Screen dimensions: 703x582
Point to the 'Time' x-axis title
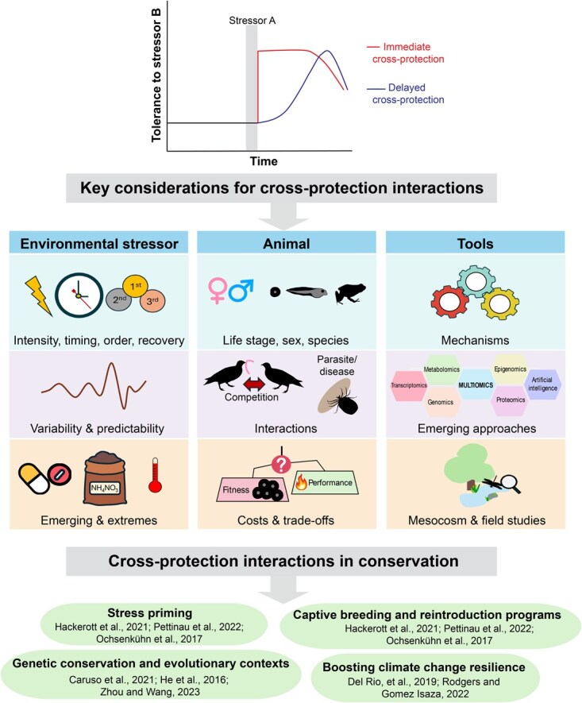(x=264, y=161)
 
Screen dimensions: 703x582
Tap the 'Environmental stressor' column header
(x=99, y=243)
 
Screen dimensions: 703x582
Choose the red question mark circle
(x=281, y=462)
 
